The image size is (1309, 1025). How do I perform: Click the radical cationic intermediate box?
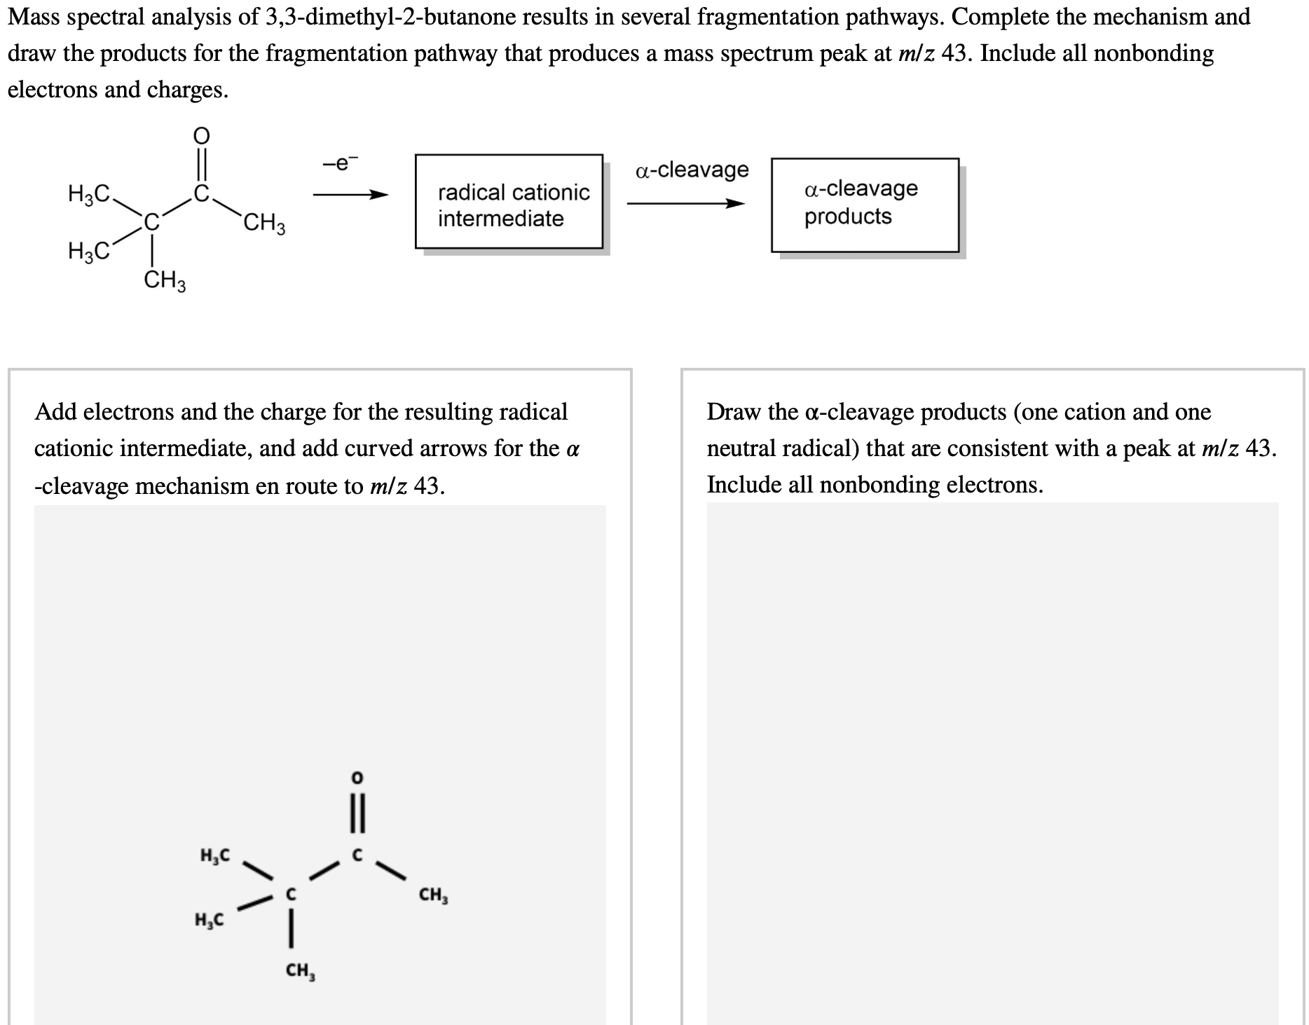(509, 202)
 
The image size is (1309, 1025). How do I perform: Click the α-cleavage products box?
(865, 205)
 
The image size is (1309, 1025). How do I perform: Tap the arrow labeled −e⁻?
(350, 195)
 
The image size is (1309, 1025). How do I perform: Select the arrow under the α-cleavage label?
(685, 204)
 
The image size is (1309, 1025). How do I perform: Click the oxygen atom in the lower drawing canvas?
(357, 778)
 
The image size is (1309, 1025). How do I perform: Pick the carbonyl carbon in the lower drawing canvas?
(357, 855)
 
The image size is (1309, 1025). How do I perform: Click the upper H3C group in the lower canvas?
(214, 855)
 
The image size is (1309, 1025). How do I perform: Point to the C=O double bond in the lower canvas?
(357, 817)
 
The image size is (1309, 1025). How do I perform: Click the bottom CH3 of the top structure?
(165, 282)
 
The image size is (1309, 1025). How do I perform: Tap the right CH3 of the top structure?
(264, 225)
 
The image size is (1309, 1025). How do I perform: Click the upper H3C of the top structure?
(88, 193)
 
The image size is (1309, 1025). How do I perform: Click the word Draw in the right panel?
(734, 412)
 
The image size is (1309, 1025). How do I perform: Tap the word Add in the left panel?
(55, 412)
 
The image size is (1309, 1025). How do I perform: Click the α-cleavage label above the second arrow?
(692, 170)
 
